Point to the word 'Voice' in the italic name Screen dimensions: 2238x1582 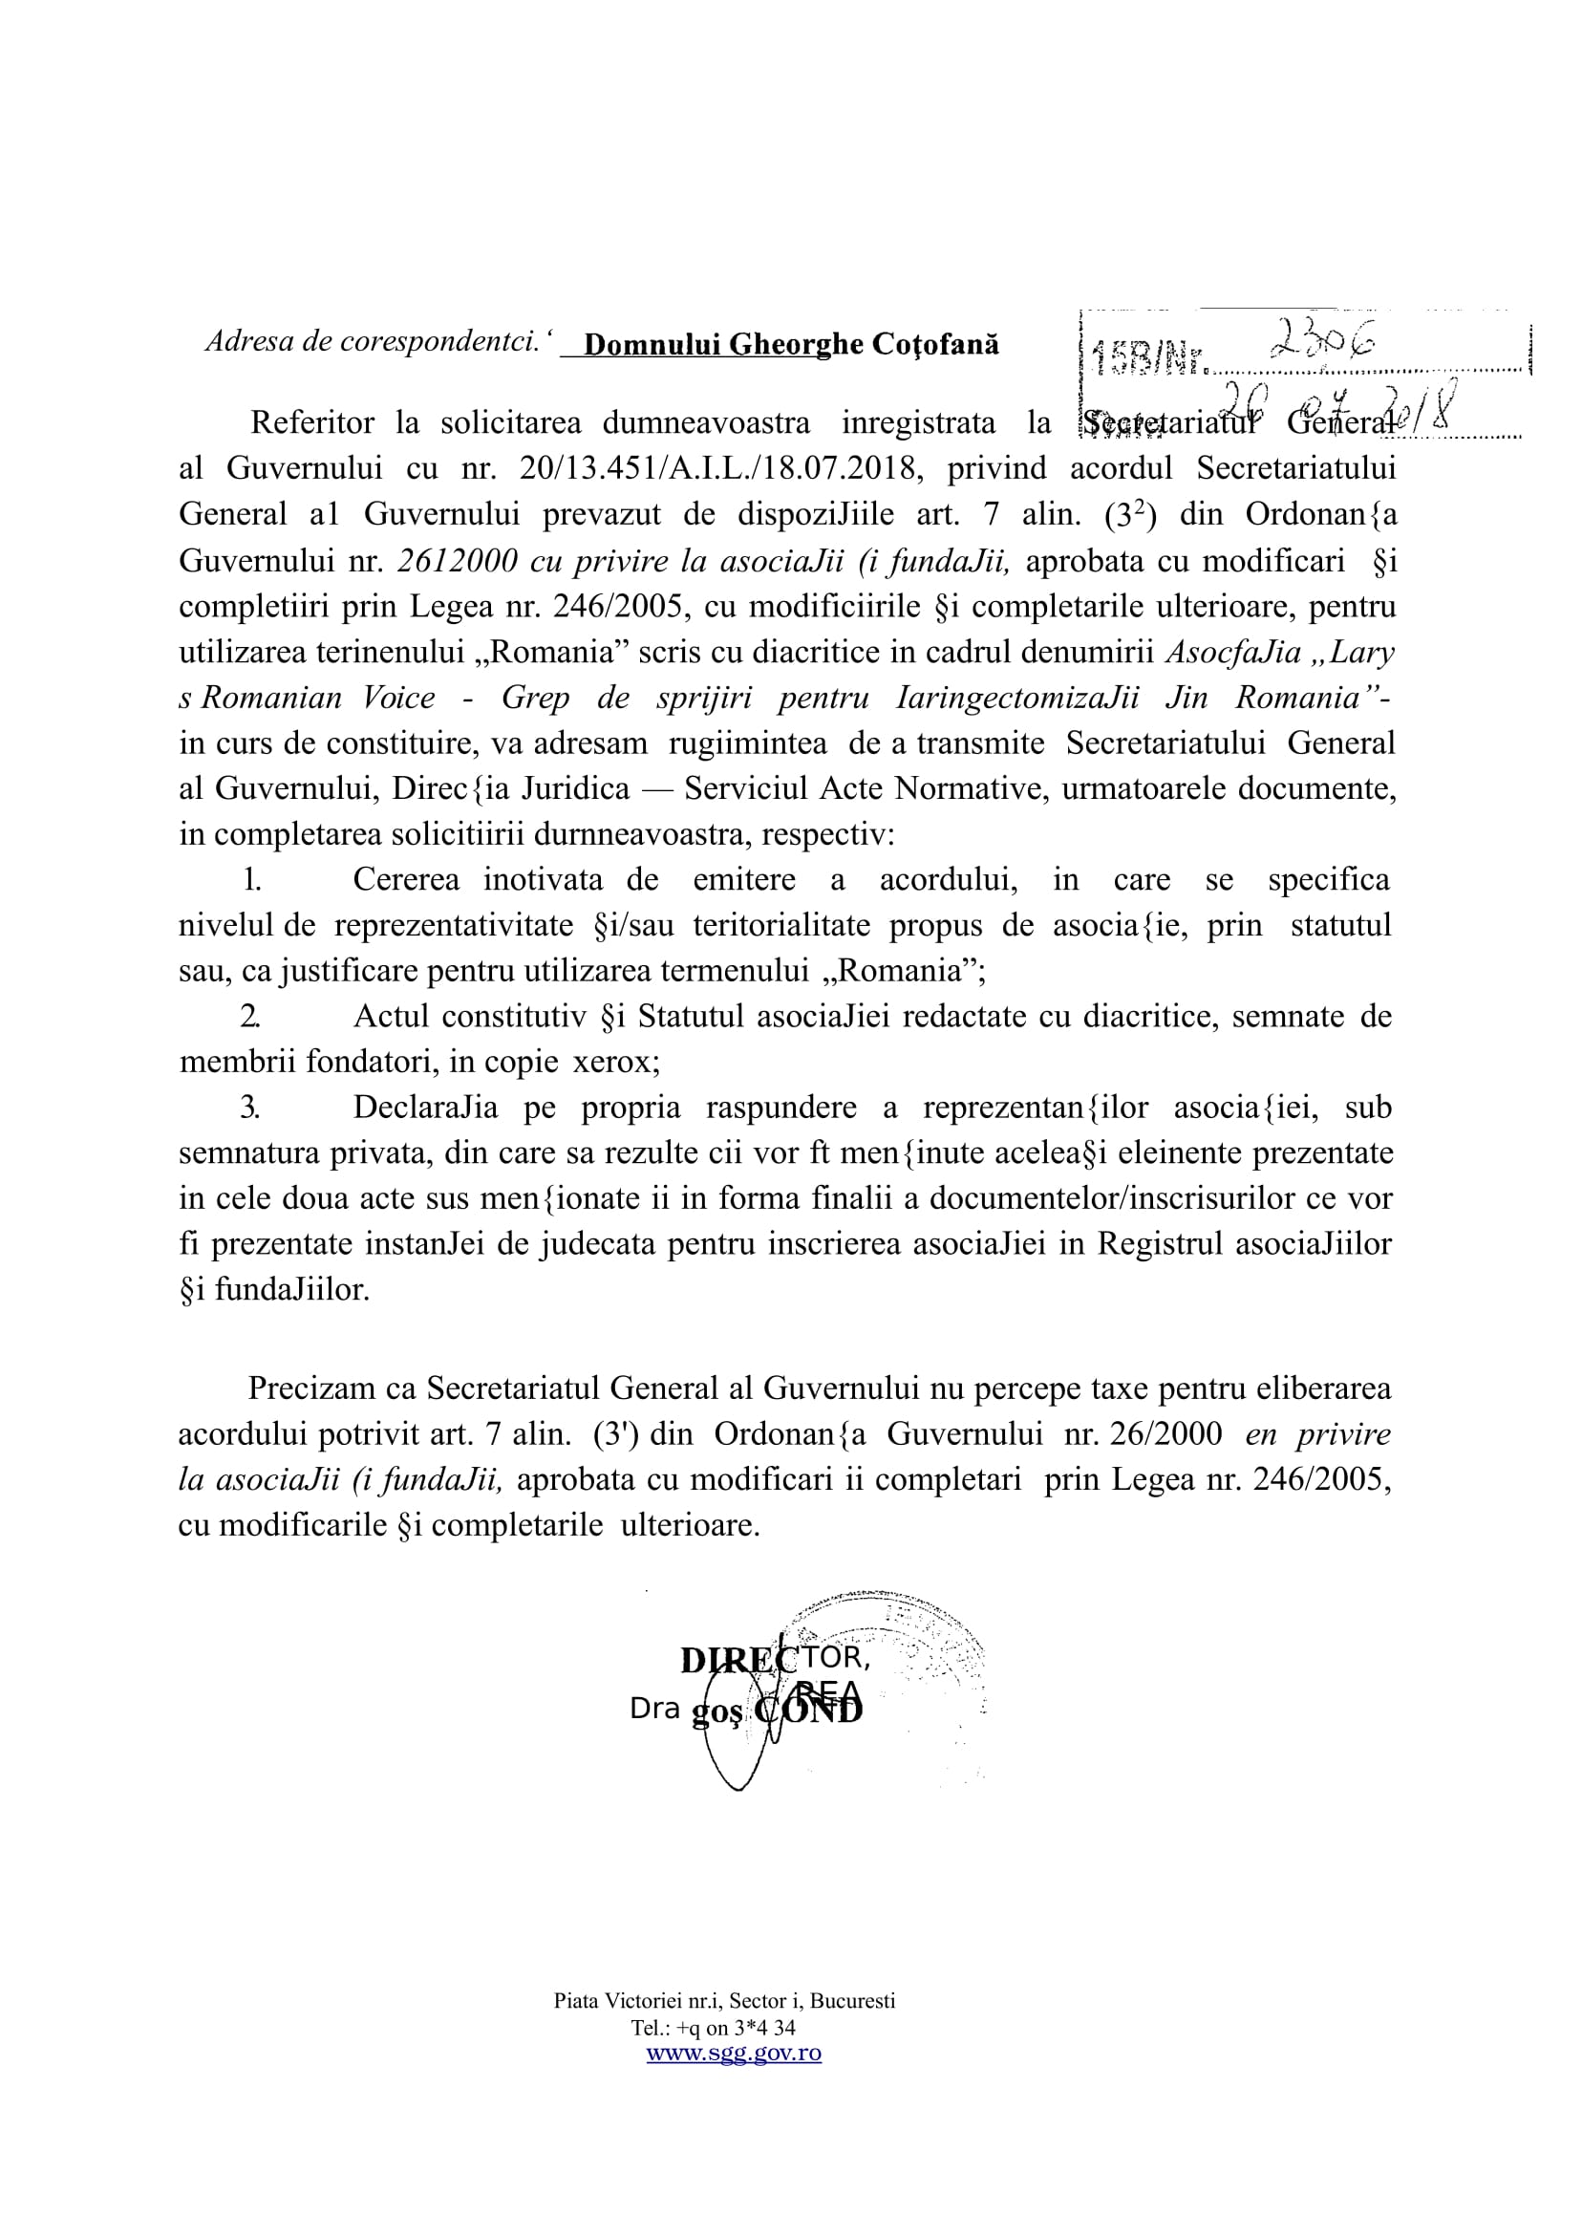coord(398,698)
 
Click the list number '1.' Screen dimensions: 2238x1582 coord(251,880)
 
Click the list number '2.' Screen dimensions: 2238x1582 coord(250,1017)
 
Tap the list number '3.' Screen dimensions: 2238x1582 coord(250,1108)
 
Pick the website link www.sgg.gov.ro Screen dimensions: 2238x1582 coord(734,2053)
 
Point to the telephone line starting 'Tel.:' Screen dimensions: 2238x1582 coord(713,2028)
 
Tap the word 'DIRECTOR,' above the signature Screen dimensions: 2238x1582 coord(775,1659)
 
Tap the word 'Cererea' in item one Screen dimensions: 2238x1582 coord(406,880)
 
